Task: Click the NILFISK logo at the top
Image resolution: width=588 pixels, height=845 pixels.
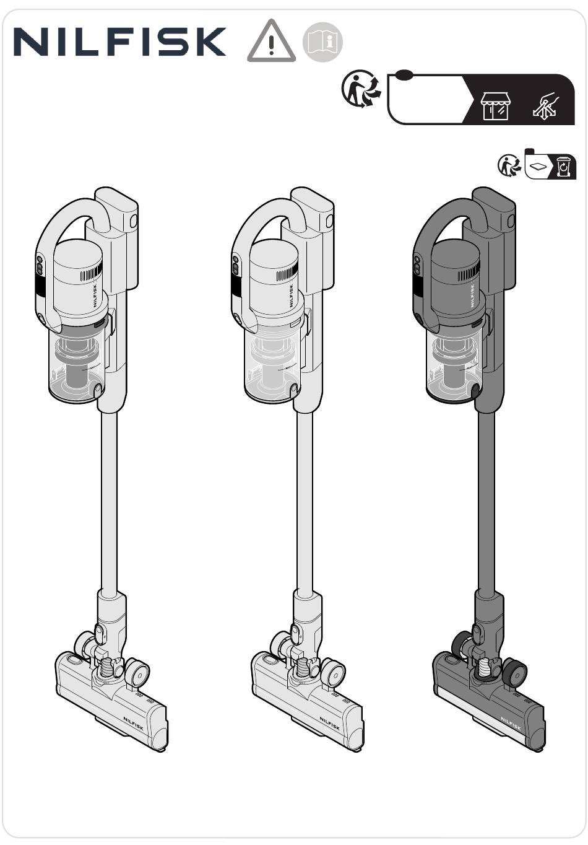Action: [120, 42]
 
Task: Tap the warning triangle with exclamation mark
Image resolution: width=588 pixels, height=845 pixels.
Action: [271, 41]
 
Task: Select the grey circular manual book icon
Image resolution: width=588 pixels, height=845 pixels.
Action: [322, 42]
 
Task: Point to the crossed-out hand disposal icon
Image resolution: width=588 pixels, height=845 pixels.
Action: [546, 106]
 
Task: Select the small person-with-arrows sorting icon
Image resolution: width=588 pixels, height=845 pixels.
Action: [509, 165]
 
